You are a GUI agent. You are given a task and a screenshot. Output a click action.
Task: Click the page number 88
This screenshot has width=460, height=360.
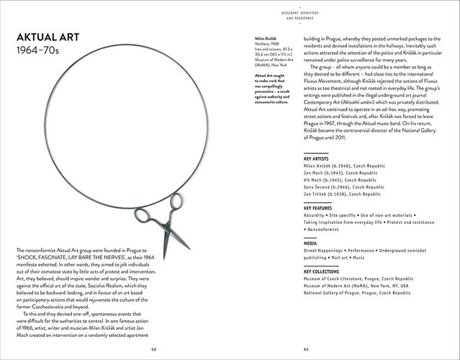(153, 349)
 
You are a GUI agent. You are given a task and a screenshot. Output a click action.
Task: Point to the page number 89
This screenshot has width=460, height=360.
(306, 349)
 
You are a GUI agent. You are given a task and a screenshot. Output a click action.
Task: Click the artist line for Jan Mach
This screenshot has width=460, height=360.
(341, 173)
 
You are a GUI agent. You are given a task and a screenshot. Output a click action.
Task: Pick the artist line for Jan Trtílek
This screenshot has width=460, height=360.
(342, 194)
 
